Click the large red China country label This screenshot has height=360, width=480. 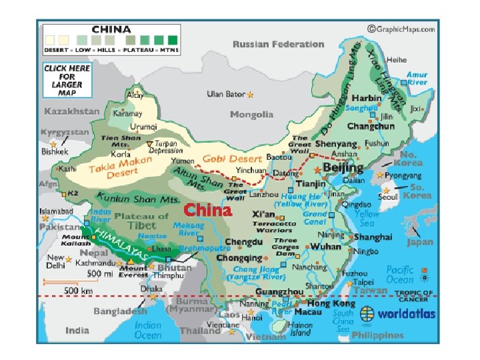click(207, 211)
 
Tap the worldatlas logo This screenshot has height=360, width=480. click(397, 313)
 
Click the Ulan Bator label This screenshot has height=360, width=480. click(225, 95)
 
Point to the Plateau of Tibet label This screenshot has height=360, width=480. click(142, 220)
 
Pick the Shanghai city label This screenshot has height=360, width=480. click(373, 237)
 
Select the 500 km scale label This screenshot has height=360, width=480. click(78, 290)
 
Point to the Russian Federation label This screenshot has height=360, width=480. click(278, 44)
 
